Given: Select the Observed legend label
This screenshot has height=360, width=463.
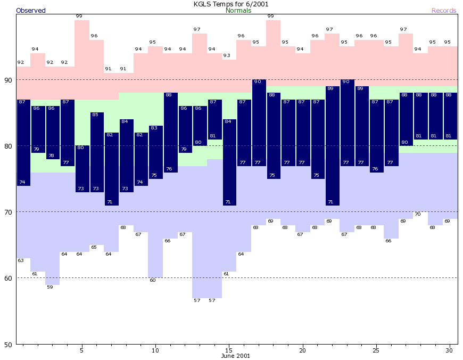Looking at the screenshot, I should click(x=31, y=11).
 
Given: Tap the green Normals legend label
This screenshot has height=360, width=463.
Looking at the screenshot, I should click(x=238, y=11).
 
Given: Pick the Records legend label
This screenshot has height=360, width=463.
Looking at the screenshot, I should click(x=444, y=11).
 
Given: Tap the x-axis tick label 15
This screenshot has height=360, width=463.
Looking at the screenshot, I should click(x=228, y=350).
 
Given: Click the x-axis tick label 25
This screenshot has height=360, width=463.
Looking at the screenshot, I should click(x=376, y=350).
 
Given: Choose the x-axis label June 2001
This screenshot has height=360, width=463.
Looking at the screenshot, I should click(x=235, y=356).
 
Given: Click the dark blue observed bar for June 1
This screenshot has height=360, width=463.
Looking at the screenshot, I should click(x=23, y=142).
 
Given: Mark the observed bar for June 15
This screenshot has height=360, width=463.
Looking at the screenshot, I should click(x=229, y=162).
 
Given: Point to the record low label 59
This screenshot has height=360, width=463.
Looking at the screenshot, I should click(x=50, y=287).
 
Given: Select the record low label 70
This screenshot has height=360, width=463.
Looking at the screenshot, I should click(x=418, y=214).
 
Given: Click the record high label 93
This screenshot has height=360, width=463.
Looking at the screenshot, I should click(x=227, y=55).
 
